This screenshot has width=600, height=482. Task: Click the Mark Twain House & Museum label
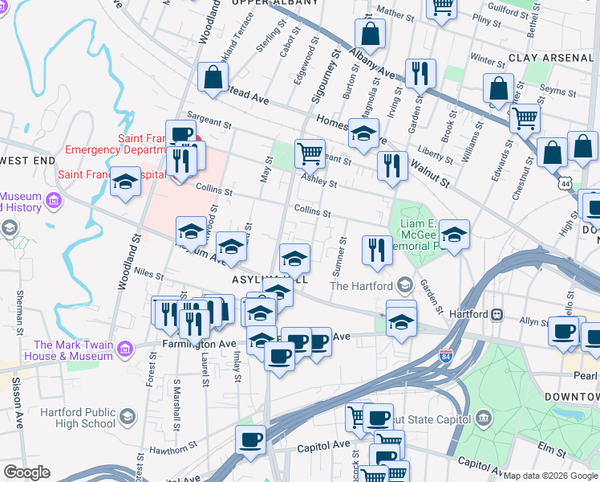(x=56, y=349)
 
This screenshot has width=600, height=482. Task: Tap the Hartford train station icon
(x=497, y=313)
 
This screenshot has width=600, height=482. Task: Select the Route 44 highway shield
(x=566, y=183)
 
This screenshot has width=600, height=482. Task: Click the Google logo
(x=26, y=472)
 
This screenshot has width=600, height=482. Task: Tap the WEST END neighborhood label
(x=22, y=161)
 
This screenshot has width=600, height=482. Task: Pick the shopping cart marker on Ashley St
(x=310, y=151)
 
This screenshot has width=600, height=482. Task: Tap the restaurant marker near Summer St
(x=375, y=249)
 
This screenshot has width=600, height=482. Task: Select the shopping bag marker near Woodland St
(x=213, y=77)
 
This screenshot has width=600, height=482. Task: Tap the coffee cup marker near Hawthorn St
(x=250, y=439)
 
